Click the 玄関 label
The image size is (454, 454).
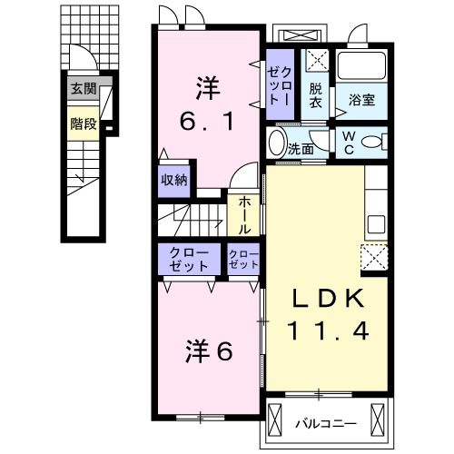tap(84, 90)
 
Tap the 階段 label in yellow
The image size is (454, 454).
tap(84, 123)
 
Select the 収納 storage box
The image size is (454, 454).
tap(174, 179)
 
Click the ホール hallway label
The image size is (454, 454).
tap(245, 215)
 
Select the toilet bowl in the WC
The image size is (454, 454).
tap(379, 142)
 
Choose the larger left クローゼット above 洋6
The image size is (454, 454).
tap(188, 258)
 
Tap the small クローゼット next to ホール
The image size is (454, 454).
tap(242, 259)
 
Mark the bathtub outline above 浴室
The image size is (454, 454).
tap(363, 65)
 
